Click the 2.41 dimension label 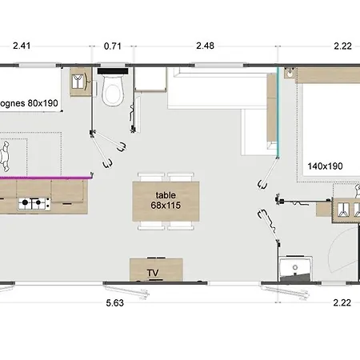(x=22, y=46)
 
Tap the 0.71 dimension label (x=113, y=46)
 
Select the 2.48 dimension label (x=205, y=46)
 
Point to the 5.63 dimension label (x=115, y=303)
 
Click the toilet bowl (x=113, y=90)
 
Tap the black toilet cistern (x=113, y=71)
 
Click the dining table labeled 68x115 (x=166, y=202)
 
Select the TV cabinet (x=156, y=270)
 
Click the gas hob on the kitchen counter (x=34, y=204)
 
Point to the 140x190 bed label (x=325, y=166)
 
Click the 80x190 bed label (x=43, y=103)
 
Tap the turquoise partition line (x=278, y=112)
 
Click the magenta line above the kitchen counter (x=45, y=177)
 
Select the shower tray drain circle (x=295, y=267)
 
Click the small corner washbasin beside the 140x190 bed (x=290, y=73)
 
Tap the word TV (x=153, y=273)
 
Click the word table (x=166, y=195)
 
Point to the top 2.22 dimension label (x=343, y=46)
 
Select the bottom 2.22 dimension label (x=342, y=302)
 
